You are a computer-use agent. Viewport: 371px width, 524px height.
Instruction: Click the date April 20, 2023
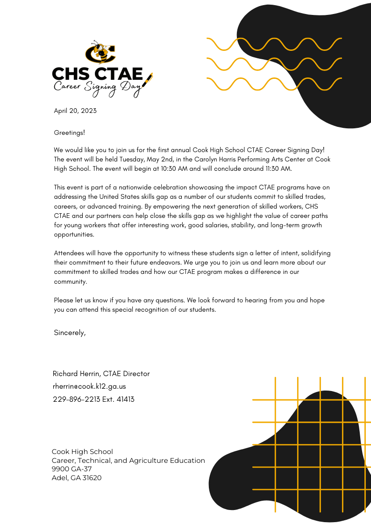[x=75, y=111]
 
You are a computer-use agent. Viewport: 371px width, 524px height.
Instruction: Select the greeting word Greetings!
[x=70, y=133]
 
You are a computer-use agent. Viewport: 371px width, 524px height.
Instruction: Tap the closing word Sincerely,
[x=70, y=333]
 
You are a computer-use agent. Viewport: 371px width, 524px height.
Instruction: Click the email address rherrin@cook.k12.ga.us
[x=89, y=386]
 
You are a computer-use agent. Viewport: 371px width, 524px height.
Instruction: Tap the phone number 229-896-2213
[x=77, y=399]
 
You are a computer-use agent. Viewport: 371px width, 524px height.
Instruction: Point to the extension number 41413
[x=124, y=399]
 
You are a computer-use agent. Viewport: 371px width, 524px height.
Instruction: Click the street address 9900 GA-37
[x=71, y=469]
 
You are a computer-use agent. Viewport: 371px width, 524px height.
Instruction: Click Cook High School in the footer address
[x=82, y=452]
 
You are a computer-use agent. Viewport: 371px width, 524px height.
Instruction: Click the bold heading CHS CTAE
[x=97, y=73]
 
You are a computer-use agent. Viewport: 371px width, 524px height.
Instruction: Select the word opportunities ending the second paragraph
[x=74, y=234]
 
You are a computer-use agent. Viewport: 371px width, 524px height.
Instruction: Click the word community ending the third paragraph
[x=70, y=281]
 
